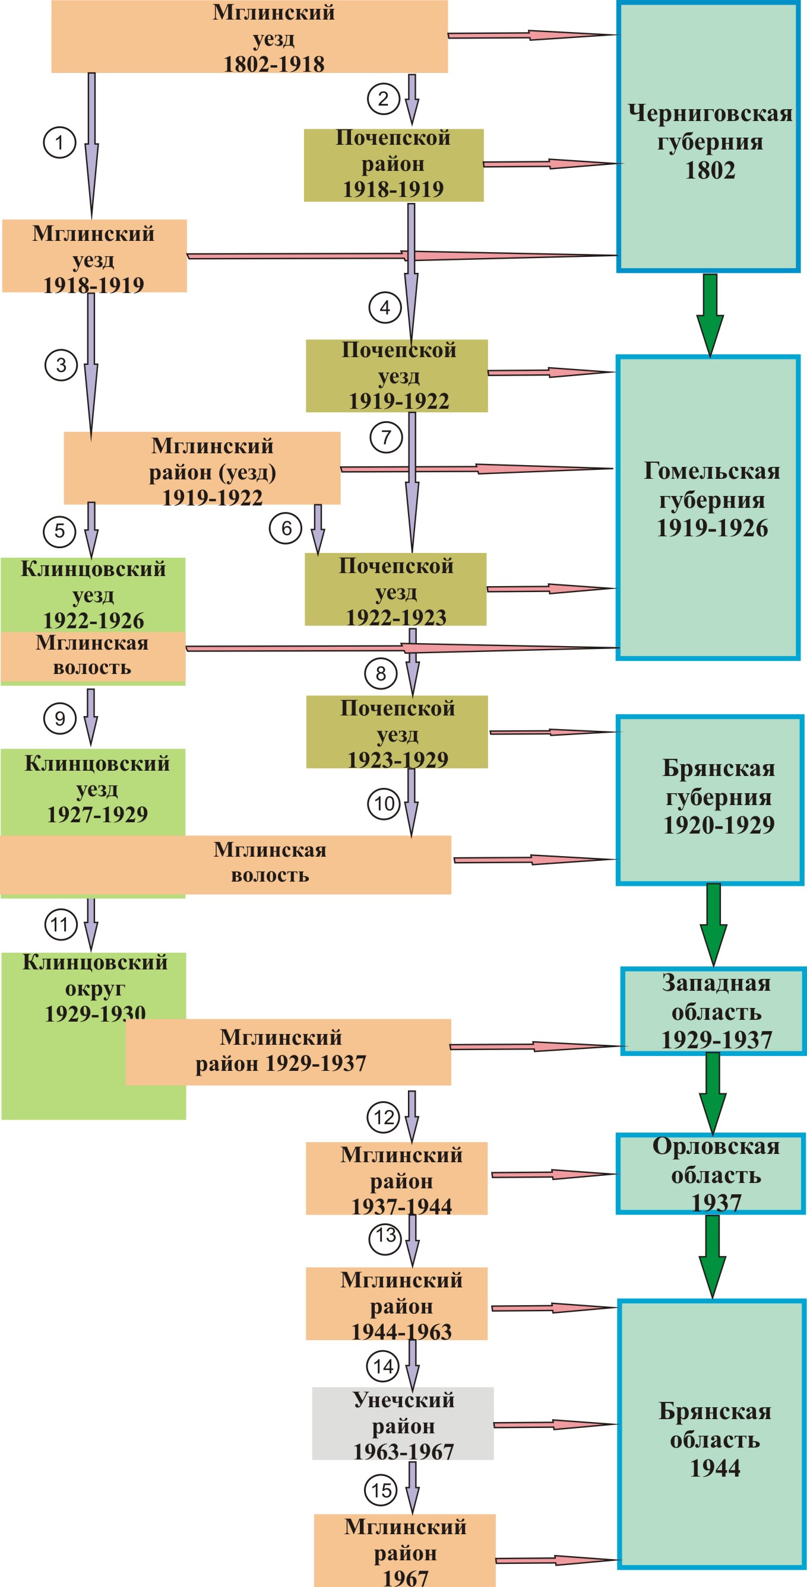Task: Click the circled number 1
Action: point(59,143)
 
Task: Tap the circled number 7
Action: point(386,437)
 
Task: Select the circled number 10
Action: point(385,803)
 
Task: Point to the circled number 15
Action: point(382,1490)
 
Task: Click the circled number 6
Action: point(286,528)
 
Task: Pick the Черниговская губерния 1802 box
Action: point(708,137)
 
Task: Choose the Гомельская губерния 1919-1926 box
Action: point(708,508)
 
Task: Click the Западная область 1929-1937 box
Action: point(713,1011)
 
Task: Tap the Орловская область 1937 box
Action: point(711,1173)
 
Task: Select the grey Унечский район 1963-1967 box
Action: point(403,1424)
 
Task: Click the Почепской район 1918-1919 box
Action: point(393,165)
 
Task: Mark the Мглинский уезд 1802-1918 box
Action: point(249,37)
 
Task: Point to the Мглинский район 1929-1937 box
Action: point(288,1052)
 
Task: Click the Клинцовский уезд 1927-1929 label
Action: point(97,789)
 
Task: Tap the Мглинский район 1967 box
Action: point(404,1551)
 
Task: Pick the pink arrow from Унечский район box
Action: point(555,1424)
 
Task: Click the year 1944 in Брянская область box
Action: point(715,1468)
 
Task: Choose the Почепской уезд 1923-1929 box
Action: point(397,732)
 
